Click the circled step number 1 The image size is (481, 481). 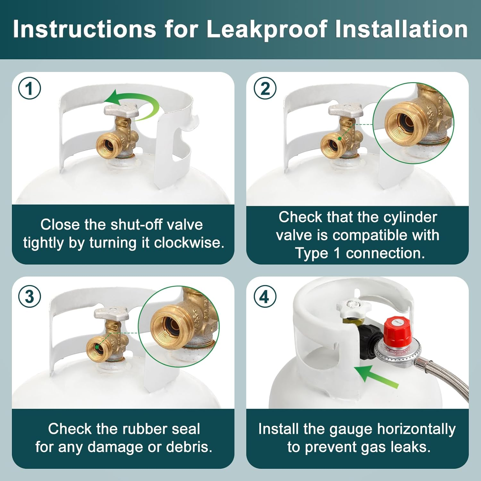(x=30, y=89)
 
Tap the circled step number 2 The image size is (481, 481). (x=265, y=89)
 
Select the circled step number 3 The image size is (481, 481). (x=30, y=296)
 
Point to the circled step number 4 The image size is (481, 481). (x=265, y=296)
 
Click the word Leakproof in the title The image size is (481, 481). (x=267, y=30)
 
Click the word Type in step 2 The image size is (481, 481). (x=311, y=253)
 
